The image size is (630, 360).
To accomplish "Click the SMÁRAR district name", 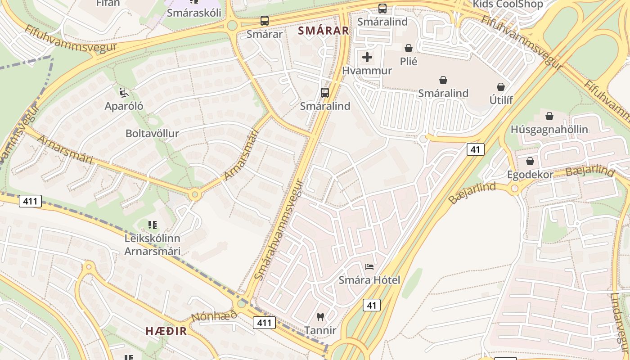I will (x=324, y=31).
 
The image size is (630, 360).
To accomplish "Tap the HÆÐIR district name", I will (x=166, y=331).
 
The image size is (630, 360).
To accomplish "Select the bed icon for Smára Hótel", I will (x=369, y=267).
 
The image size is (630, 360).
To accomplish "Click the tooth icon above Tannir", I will (x=320, y=317).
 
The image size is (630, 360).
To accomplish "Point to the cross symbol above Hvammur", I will (x=367, y=57).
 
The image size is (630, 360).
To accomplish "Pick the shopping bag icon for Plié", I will (x=409, y=48).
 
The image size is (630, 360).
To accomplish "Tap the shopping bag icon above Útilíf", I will (x=501, y=87).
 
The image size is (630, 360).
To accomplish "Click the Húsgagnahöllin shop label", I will (x=549, y=130).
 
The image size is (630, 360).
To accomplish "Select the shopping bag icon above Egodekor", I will (x=530, y=161).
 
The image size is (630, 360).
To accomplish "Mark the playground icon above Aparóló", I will (x=124, y=93).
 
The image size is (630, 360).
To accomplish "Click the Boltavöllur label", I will (x=152, y=134).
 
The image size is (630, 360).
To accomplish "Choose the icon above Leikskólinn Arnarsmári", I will (x=152, y=225).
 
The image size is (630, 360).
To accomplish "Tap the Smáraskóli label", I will (x=194, y=13).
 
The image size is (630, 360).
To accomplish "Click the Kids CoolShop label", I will (x=508, y=4).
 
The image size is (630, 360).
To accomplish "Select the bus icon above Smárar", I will (x=265, y=21).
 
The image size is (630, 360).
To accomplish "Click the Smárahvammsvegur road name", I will (x=279, y=229).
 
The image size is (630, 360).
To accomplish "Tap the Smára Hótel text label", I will (x=369, y=280).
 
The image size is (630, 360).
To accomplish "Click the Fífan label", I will (x=108, y=3).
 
